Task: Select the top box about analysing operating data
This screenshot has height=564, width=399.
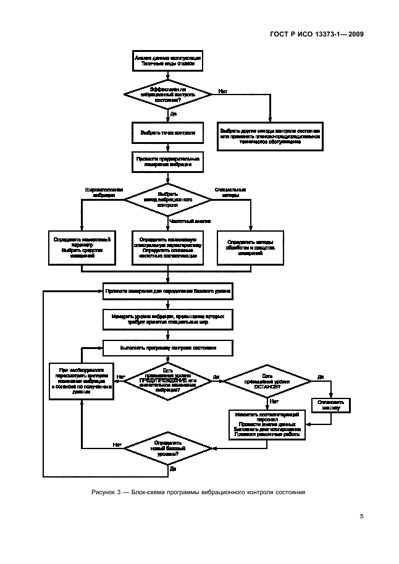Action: point(168,61)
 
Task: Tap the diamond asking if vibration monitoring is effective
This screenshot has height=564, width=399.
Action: point(168,94)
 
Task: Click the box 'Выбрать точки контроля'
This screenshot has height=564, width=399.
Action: point(168,132)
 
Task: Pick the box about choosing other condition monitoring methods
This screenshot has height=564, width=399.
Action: point(269,135)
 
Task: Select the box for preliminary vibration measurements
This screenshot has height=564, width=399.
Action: point(168,162)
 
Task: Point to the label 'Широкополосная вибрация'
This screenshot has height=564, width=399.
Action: point(103,192)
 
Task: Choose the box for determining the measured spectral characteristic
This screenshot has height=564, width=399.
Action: point(168,247)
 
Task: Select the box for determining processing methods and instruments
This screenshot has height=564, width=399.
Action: point(251,247)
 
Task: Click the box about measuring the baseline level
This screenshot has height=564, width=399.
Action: point(168,290)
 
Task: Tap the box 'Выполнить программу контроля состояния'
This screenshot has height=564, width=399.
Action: point(168,348)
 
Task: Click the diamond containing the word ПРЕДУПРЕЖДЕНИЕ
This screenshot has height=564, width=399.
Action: point(168,382)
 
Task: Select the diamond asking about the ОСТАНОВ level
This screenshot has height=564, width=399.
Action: point(267,382)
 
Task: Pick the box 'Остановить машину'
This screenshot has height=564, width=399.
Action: point(330,404)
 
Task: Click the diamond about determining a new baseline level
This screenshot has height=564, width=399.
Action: point(168,448)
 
